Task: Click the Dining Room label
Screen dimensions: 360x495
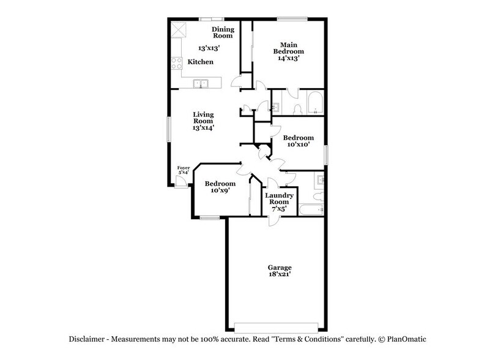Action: [223, 32]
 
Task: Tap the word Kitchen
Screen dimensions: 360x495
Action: [200, 62]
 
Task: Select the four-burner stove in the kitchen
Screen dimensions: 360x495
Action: [177, 62]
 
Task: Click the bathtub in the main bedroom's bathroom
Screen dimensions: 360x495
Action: [314, 103]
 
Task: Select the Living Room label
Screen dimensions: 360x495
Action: [203, 118]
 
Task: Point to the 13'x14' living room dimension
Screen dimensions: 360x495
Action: [203, 128]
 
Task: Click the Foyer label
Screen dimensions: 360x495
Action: [183, 168]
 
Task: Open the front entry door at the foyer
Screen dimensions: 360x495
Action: [181, 184]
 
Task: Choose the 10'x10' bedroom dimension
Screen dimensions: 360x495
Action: [298, 145]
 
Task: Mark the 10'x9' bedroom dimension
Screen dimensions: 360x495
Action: [220, 190]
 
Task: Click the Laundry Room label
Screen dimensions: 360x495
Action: [279, 198]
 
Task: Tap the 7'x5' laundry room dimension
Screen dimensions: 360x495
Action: [279, 209]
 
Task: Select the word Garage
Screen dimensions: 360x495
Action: [279, 268]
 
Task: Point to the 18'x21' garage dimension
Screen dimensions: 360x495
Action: [279, 276]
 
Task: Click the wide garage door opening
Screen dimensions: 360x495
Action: [278, 326]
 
